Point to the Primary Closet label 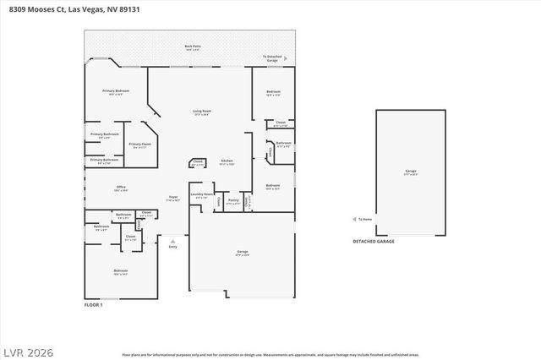click(x=139, y=145)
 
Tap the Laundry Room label click(x=201, y=194)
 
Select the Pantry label click(x=232, y=202)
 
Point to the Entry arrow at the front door click(x=172, y=243)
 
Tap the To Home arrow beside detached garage click(x=356, y=218)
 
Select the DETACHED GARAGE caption click(x=373, y=241)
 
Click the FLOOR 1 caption click(x=93, y=303)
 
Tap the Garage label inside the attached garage click(x=241, y=252)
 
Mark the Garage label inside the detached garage click(x=410, y=171)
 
